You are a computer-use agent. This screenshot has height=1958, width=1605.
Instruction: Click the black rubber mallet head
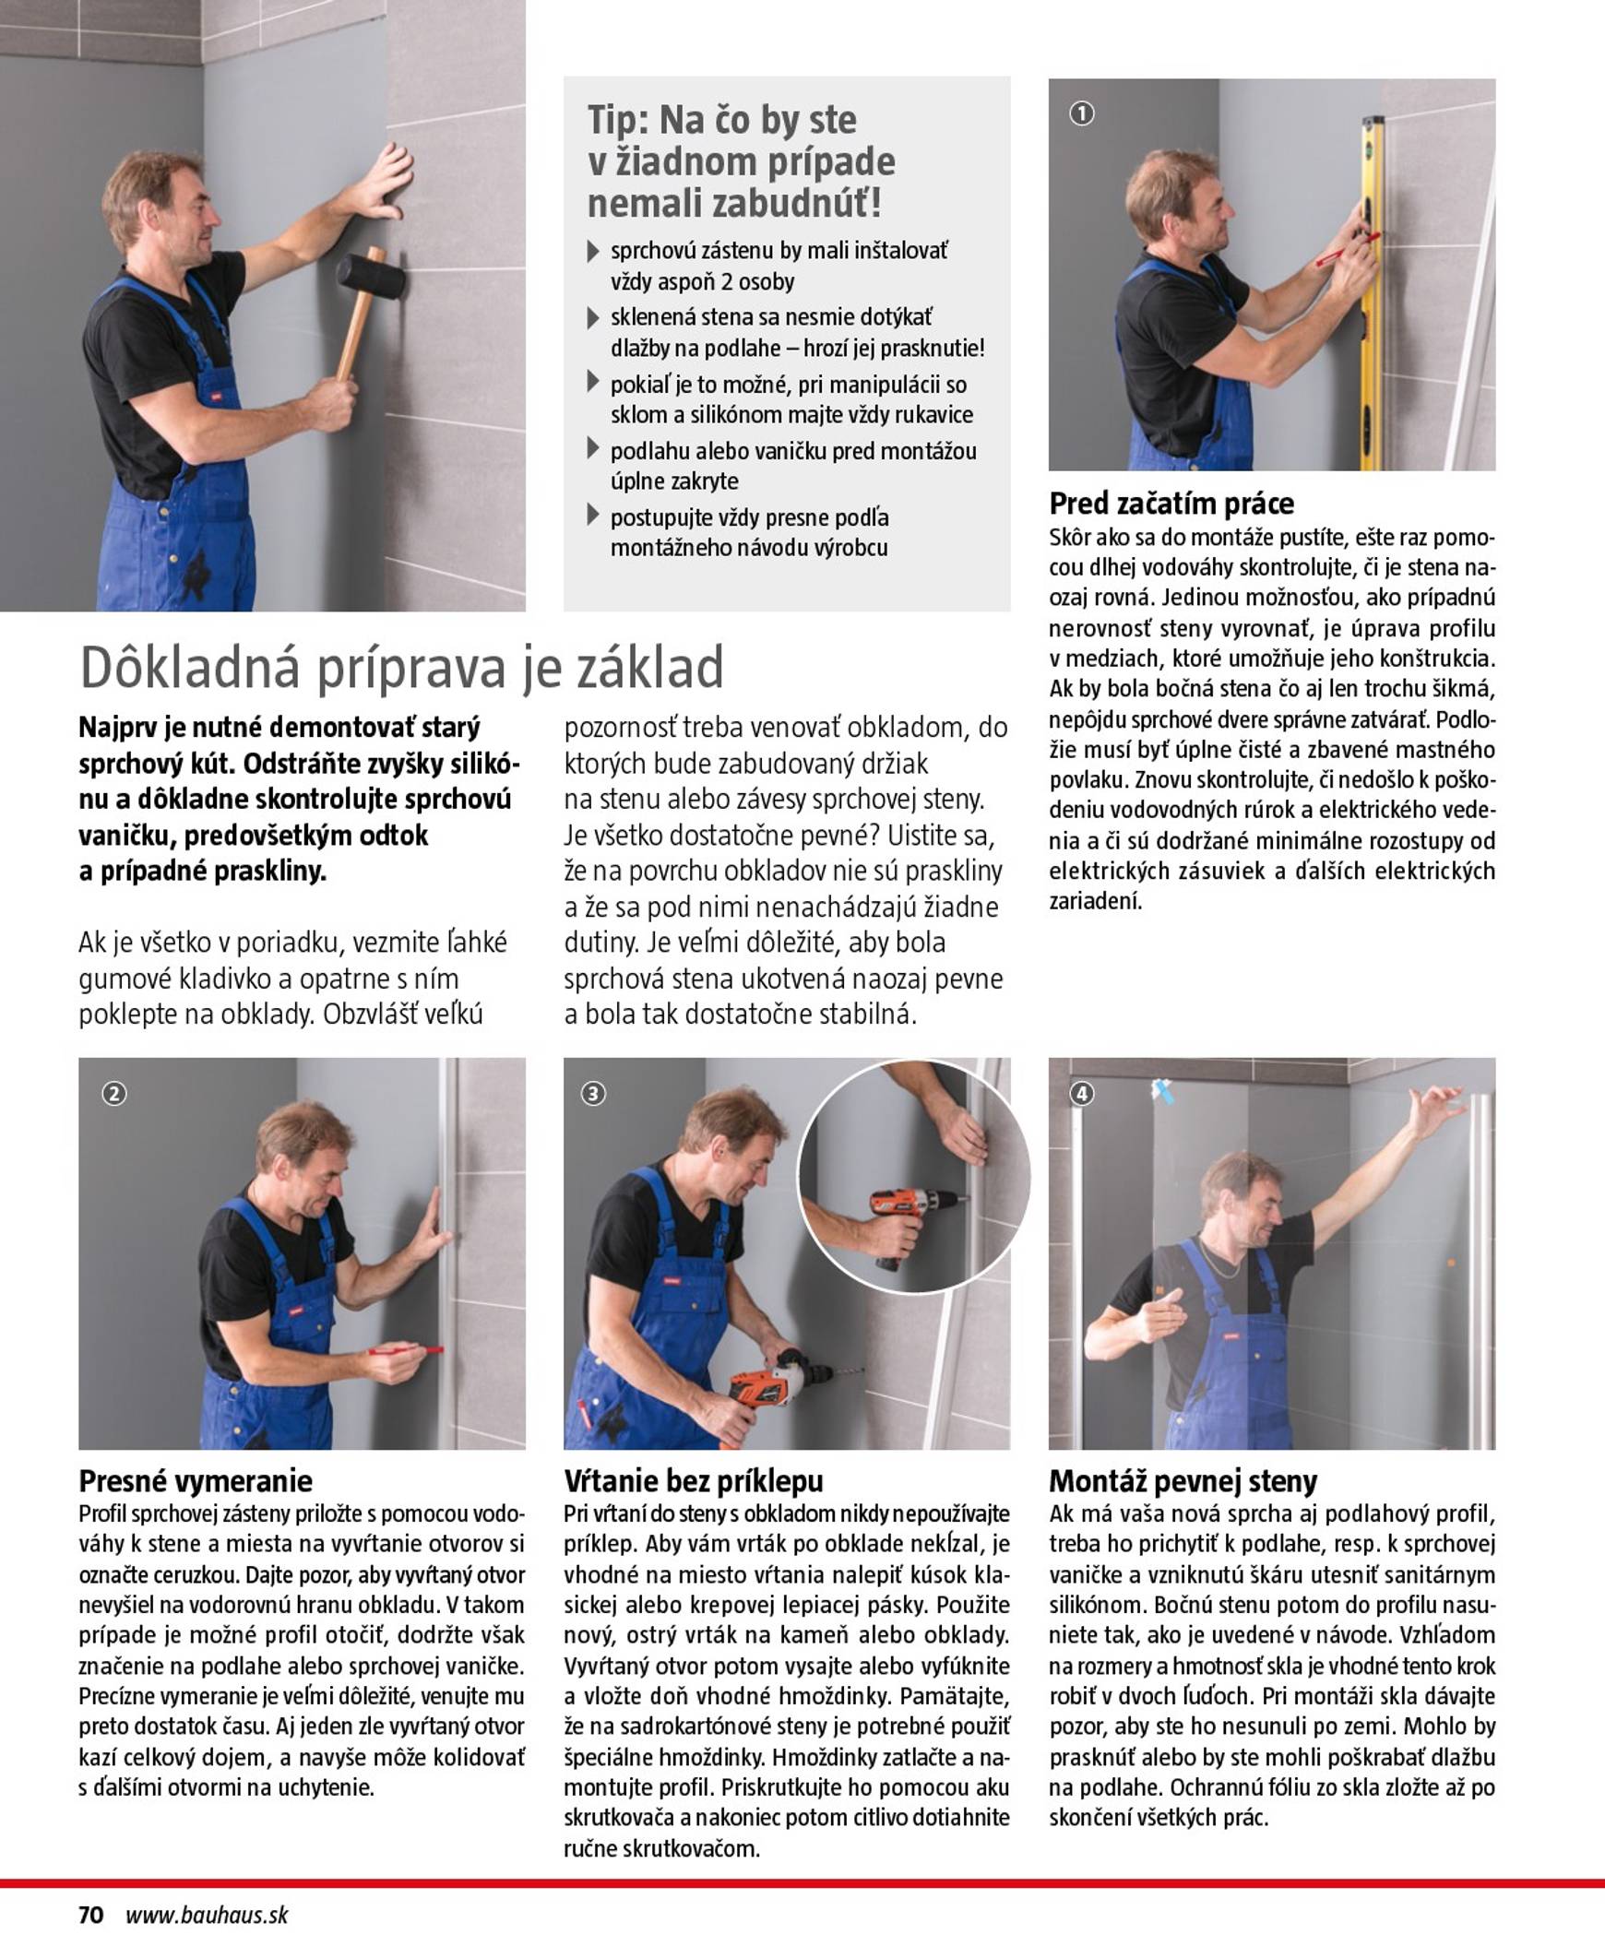tap(371, 275)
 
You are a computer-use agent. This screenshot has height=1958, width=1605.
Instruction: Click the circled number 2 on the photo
tap(113, 1094)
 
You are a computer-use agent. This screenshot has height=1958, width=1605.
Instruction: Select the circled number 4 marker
tap(1082, 1094)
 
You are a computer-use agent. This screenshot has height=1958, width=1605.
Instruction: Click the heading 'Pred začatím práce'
tap(1171, 504)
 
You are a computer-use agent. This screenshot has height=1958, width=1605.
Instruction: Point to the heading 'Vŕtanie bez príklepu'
tap(693, 1481)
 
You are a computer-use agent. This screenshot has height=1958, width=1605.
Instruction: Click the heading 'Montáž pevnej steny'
tap(1182, 1481)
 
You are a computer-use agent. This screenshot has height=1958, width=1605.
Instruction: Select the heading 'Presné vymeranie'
tap(195, 1481)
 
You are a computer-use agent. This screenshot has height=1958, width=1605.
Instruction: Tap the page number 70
tap(90, 1915)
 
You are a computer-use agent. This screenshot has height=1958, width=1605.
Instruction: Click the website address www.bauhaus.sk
tap(207, 1915)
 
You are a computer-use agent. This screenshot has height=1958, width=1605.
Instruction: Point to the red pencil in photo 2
tap(405, 1350)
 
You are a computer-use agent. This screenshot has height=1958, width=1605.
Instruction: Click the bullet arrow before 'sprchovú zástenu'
tap(593, 251)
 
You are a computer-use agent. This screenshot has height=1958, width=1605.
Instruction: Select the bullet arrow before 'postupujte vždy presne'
tap(593, 516)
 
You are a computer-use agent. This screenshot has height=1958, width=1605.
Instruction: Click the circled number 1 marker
tap(1082, 113)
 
